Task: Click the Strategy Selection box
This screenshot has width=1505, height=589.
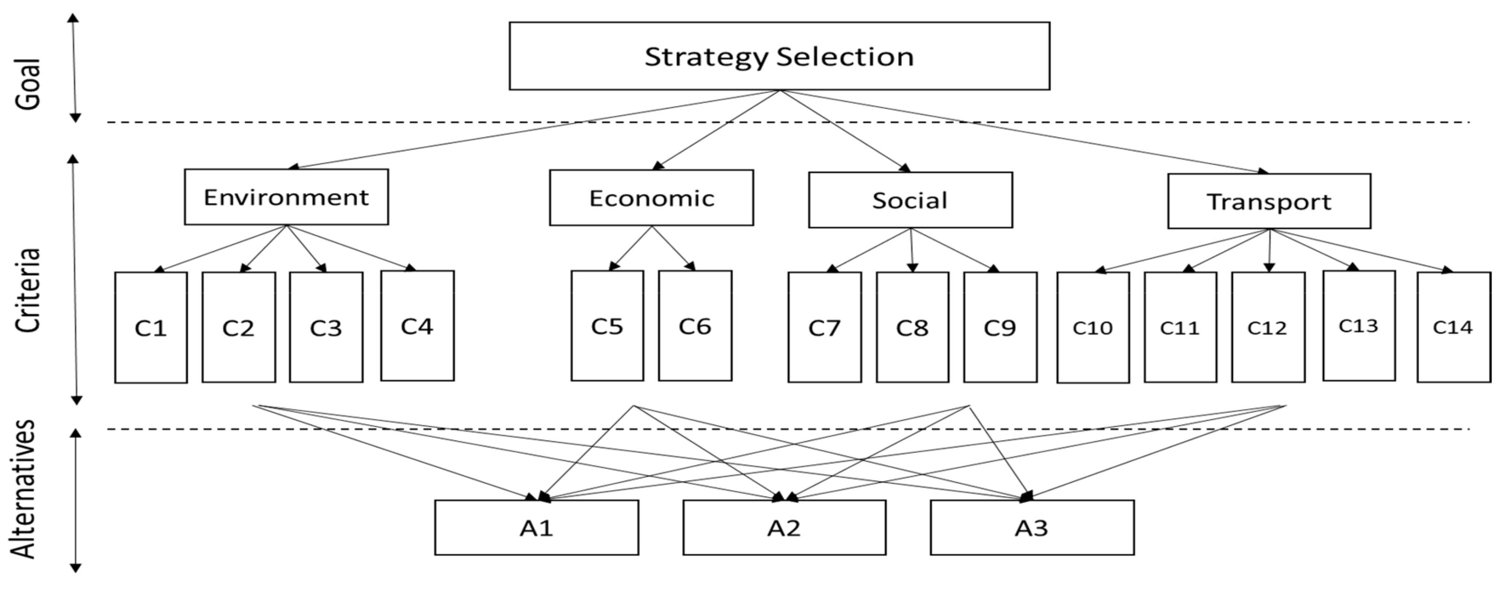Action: pos(779,56)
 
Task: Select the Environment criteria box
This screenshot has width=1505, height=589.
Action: pos(286,197)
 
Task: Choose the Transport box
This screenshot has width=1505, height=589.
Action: pos(1268,201)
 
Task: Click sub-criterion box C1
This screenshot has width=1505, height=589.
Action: pos(151,327)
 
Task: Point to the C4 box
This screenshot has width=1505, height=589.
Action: pos(417,326)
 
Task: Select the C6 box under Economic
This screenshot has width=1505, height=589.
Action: pos(695,326)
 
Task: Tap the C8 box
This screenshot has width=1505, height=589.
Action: pos(912,327)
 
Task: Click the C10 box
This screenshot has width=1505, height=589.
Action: pos(1093,327)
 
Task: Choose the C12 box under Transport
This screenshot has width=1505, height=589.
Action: pos(1268,327)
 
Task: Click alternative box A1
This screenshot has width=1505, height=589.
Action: pos(536,527)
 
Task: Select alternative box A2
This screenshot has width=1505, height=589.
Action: pos(784,527)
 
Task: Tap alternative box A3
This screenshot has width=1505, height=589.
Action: pos(1032,527)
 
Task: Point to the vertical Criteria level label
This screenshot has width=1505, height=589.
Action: pos(28,290)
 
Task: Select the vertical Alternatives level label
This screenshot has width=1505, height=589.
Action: pos(24,490)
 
